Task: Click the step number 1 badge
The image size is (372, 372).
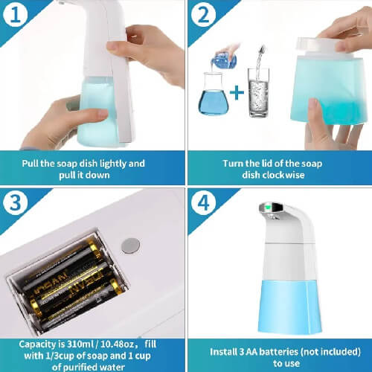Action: [x=15, y=14]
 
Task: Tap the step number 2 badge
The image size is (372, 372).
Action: [x=203, y=14]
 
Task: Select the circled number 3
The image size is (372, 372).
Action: [x=15, y=202]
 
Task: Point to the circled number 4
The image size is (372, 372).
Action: [x=203, y=203]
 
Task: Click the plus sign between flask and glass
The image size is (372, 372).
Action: [x=237, y=92]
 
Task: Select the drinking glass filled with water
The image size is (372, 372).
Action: [x=258, y=92]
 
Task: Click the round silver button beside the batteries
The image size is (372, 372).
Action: [x=130, y=246]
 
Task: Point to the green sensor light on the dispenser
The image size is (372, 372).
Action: [x=267, y=206]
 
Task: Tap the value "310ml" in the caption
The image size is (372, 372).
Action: [x=79, y=344]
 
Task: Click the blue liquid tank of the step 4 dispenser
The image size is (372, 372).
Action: [x=289, y=307]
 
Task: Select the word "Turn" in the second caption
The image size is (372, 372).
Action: [x=231, y=164]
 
